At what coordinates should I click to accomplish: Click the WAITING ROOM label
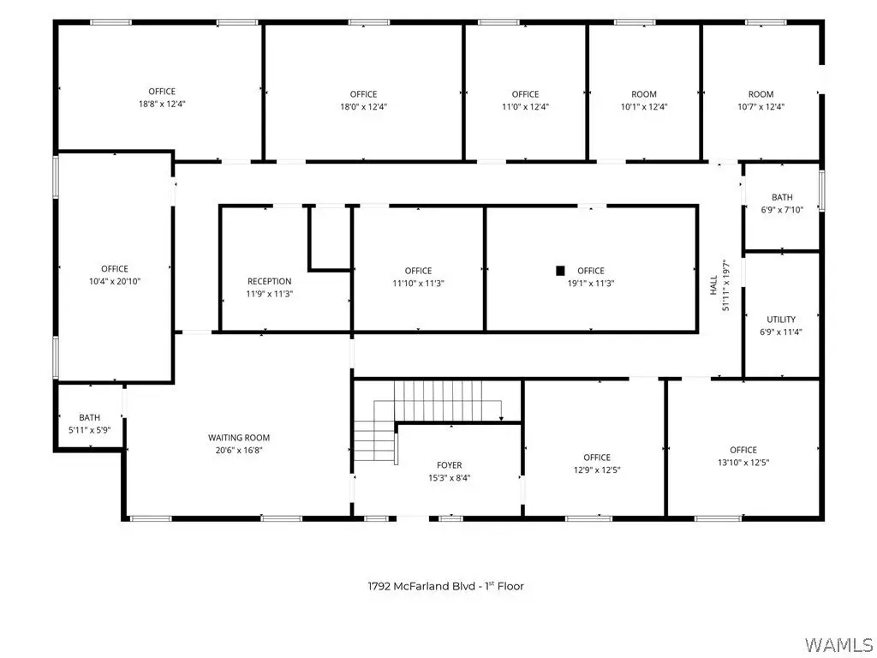click(x=239, y=438)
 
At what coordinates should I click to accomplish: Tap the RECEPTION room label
click(x=270, y=281)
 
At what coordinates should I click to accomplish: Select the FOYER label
click(x=449, y=465)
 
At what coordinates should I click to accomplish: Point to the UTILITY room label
click(x=781, y=320)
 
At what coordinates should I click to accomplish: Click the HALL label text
click(x=713, y=285)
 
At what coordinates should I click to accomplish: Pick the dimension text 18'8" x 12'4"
click(x=162, y=104)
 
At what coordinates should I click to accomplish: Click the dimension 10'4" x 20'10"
click(x=115, y=281)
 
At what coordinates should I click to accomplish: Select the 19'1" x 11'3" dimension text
click(x=591, y=283)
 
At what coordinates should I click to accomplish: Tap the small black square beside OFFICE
click(x=560, y=271)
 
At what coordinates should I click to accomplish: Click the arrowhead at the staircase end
click(x=501, y=418)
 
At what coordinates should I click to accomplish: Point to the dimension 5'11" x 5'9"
click(x=89, y=430)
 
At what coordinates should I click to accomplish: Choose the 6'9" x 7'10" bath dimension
click(x=782, y=210)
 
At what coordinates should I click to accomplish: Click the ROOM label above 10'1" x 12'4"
click(x=644, y=94)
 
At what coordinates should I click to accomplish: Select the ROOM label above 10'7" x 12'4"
click(x=761, y=94)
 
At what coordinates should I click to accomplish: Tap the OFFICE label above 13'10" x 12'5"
click(x=743, y=450)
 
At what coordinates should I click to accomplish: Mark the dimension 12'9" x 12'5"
click(x=597, y=470)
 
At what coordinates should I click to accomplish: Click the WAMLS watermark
click(x=838, y=644)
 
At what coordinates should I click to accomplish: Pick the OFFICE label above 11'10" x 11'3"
click(x=418, y=271)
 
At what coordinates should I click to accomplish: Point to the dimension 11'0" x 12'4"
click(x=525, y=106)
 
